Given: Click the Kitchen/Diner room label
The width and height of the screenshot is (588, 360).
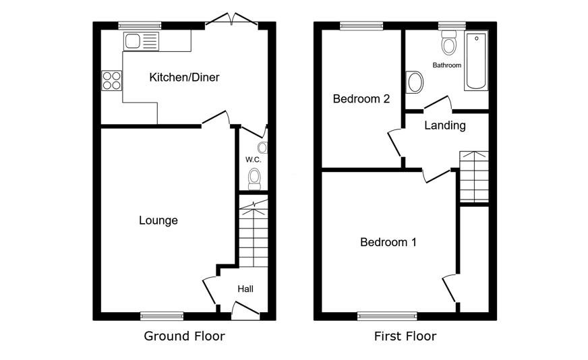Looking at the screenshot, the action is point(184,78).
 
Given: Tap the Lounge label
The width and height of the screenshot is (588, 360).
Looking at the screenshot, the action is point(158,220).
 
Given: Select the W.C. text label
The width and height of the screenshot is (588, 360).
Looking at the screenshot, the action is point(253,160).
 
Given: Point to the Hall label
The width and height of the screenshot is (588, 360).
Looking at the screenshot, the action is point(245,289).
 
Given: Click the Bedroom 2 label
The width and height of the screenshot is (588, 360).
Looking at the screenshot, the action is point(361,98).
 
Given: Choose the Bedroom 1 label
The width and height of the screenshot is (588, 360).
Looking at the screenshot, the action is point(388,242).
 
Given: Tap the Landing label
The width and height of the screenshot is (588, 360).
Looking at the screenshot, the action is point(445,125).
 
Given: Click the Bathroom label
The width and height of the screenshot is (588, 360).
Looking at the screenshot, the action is point(446,65).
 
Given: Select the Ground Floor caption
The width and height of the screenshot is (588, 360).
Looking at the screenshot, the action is point(184,336).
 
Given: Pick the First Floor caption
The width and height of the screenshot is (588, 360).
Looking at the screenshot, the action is point(405,336).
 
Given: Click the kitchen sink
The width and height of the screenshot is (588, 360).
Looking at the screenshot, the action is point(141,41).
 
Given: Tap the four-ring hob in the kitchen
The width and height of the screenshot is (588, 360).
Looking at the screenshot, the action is point(112,81).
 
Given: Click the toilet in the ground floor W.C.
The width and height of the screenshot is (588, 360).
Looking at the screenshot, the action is point(255,179).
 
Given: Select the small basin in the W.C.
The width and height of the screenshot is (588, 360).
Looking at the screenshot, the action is point(263,148).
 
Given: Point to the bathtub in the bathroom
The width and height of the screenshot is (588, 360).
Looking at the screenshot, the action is point(476,61).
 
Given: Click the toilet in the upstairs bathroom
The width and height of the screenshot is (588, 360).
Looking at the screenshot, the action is point(449,42).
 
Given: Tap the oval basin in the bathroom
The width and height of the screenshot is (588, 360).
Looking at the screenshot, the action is point(415,82).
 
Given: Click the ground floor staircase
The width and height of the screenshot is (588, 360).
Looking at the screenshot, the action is point(254,233).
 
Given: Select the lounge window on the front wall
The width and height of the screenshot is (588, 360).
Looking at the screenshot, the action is point(162,316).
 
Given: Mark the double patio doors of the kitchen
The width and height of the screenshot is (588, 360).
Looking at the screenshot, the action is point(232,21).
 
